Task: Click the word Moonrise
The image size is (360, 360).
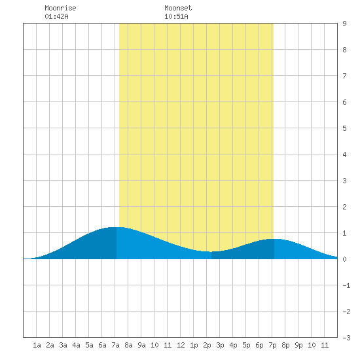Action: click(60, 8)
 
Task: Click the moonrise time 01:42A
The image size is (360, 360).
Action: click(56, 16)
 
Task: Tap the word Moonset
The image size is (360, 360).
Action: click(178, 8)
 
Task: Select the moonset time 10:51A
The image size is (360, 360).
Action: click(176, 16)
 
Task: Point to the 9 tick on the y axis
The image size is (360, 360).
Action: click(344, 24)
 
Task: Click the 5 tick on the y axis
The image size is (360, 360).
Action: click(344, 128)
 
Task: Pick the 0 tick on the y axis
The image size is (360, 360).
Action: click(344, 259)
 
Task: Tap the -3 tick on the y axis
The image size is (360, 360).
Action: click(346, 338)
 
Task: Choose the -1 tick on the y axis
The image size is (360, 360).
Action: click(346, 285)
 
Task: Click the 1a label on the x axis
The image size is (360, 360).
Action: click(37, 345)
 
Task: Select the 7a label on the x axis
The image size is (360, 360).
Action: click(115, 345)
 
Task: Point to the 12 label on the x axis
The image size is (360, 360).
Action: click(181, 345)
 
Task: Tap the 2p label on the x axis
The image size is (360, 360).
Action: click(207, 345)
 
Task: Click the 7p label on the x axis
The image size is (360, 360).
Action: click(272, 345)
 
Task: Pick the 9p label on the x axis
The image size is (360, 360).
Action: click(298, 345)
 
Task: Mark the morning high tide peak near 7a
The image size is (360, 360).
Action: click(116, 227)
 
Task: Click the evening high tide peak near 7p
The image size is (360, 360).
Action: click(274, 239)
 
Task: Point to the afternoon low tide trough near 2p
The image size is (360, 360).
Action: click(211, 251)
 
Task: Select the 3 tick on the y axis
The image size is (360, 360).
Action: click(344, 181)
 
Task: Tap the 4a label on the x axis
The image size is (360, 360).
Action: click(76, 345)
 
